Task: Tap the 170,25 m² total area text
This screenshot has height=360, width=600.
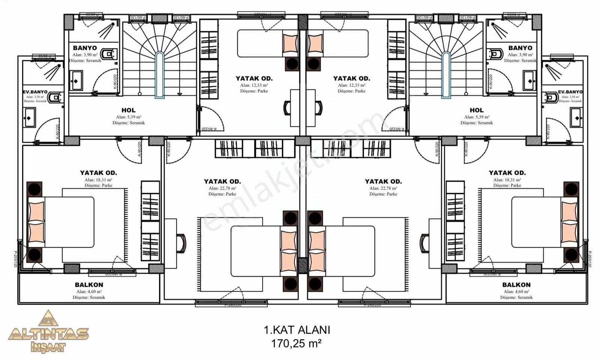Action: pyautogui.click(x=296, y=343)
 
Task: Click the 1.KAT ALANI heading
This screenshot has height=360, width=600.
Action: pyautogui.click(x=297, y=330)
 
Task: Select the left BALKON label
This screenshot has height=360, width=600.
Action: pyautogui.click(x=89, y=285)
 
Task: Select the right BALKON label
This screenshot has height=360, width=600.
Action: pyautogui.click(x=516, y=285)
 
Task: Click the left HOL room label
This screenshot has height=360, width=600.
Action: pyautogui.click(x=129, y=110)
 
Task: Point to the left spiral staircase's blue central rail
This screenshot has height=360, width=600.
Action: pyautogui.click(x=160, y=75)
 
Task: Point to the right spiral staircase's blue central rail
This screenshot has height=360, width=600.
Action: pyautogui.click(x=446, y=75)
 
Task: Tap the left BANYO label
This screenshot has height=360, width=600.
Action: pyautogui.click(x=85, y=48)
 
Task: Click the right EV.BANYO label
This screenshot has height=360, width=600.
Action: pyautogui.click(x=570, y=92)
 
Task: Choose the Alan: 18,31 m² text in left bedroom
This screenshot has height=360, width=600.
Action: pyautogui.click(x=98, y=180)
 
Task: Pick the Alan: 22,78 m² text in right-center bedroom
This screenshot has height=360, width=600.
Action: pyautogui.click(x=383, y=188)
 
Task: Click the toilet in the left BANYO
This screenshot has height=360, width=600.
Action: pyautogui.click(x=108, y=54)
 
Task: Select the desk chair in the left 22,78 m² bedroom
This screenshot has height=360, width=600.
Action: pyautogui.click(x=182, y=243)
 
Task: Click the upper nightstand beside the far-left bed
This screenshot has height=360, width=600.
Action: pyautogui.click(x=34, y=189)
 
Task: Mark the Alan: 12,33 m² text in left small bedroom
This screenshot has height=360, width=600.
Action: pyautogui.click(x=254, y=85)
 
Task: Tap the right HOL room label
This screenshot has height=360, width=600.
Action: pyautogui.click(x=477, y=110)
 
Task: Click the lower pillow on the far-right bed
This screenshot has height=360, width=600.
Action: pyautogui.click(x=569, y=232)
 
